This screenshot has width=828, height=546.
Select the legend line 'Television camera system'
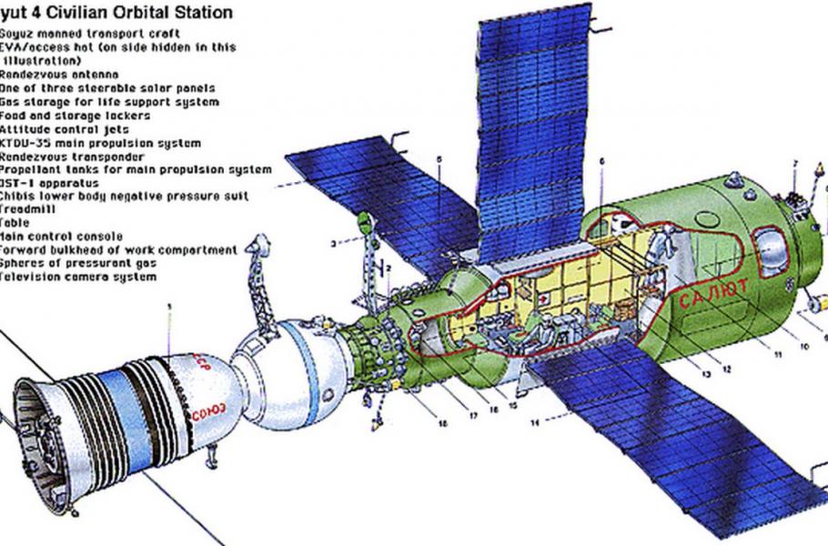coord(77,277)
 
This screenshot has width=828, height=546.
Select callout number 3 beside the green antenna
coord(333,243)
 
